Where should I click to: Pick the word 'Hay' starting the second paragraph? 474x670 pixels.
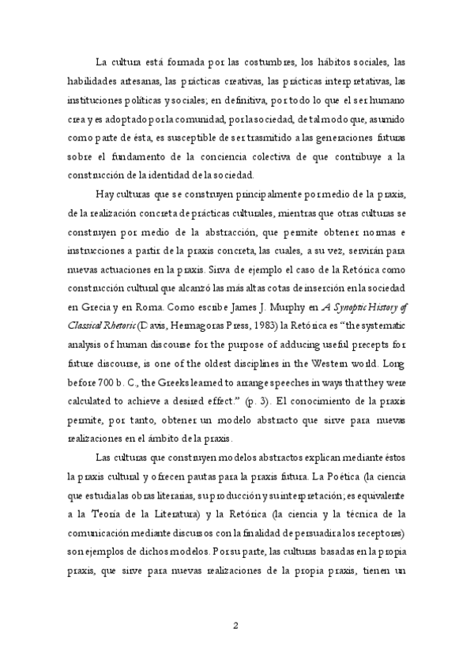pos(103,195)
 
